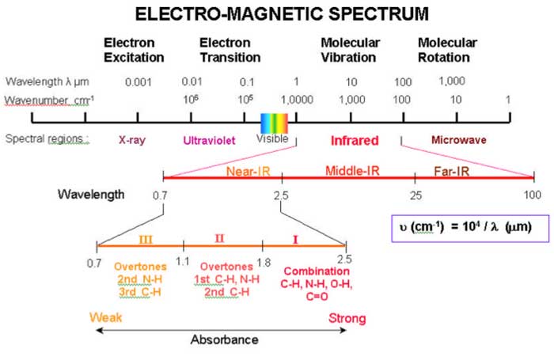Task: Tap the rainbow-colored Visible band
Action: click(x=274, y=123)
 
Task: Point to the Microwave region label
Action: click(x=458, y=140)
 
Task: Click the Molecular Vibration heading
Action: click(x=350, y=49)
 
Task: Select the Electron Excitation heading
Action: click(x=134, y=49)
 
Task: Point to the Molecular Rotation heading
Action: click(x=448, y=49)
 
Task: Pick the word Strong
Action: click(x=347, y=318)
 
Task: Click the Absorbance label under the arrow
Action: click(x=225, y=339)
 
